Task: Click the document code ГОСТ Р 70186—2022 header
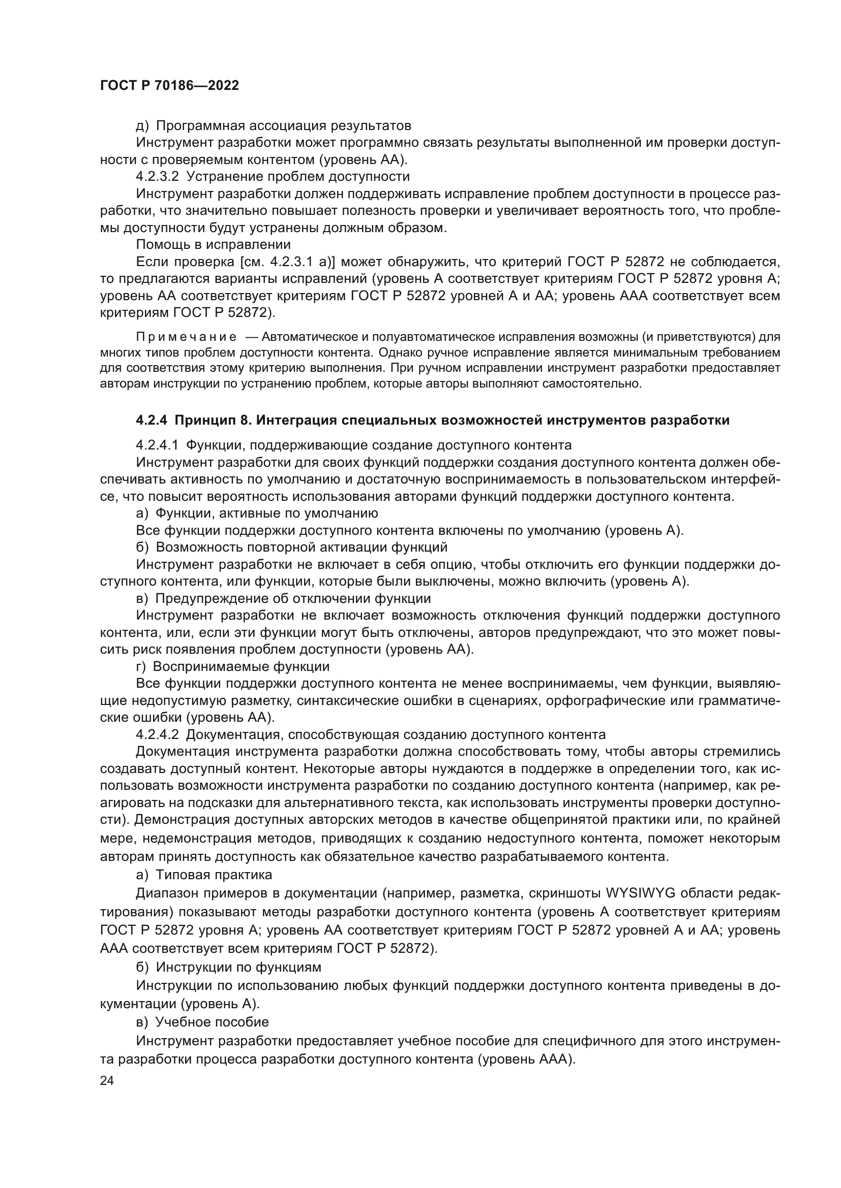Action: coord(169,86)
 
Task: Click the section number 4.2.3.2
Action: coord(157,176)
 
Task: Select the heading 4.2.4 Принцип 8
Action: coord(432,420)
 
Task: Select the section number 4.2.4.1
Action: coord(157,445)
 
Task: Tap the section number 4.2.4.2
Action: coord(157,735)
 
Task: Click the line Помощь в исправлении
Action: coord(213,244)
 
